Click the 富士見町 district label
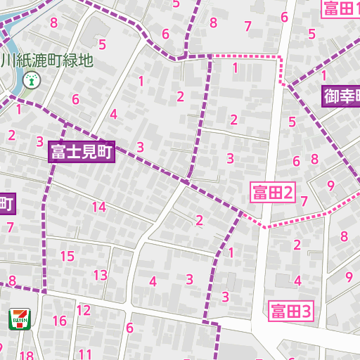tap(82, 153)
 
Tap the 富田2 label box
tap(273, 191)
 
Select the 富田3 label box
tap(290, 310)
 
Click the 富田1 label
tap(341, 8)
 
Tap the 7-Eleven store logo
tap(19, 319)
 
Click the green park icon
tap(30, 80)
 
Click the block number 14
tap(98, 207)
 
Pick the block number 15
tap(67, 256)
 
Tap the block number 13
tap(101, 275)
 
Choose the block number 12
tap(84, 310)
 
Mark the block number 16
tap(59, 321)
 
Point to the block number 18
tap(27, 355)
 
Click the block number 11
tap(85, 354)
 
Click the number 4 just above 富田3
tap(297, 281)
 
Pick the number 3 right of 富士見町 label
tap(141, 147)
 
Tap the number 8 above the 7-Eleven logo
tap(12, 281)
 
